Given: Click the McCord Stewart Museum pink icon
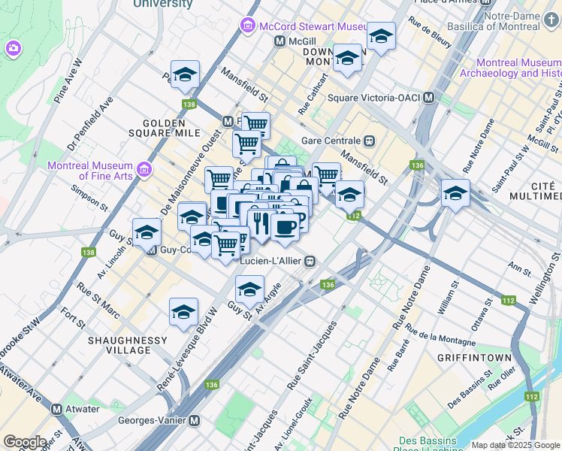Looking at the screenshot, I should tap(247, 27).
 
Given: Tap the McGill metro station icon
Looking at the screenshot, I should tap(279, 42).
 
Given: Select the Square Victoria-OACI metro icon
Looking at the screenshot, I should tap(429, 98).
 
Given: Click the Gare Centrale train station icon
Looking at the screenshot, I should tap(369, 141).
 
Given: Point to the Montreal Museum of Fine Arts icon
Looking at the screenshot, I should tap(144, 166).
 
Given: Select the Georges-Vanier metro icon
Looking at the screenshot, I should tap(195, 421).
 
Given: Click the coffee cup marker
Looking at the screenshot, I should tap(284, 226).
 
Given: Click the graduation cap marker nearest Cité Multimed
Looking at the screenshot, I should tap(455, 193).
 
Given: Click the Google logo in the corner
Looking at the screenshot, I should tap(25, 442).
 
